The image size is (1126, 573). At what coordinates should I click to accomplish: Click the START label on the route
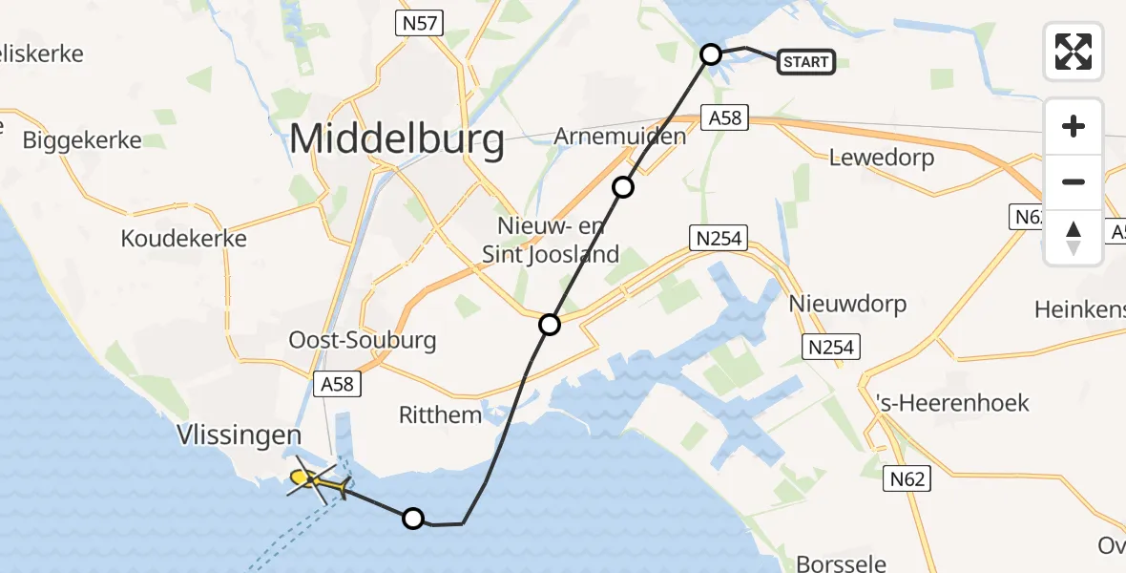pos(806,63)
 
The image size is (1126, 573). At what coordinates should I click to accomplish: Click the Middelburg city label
pos(397,140)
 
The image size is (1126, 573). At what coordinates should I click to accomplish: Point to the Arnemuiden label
pos(620,137)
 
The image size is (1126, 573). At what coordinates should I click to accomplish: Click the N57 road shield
pos(420,25)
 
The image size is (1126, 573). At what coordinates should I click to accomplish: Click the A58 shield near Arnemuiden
pos(725,119)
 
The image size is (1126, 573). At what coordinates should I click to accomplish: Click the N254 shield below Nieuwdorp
pos(830,347)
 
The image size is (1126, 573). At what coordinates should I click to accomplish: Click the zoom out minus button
pos(1074,181)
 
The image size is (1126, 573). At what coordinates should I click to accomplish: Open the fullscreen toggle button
pos(1074,52)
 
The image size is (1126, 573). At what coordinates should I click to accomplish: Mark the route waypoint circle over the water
pos(412,519)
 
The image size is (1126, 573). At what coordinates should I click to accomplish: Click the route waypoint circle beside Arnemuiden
pos(623,187)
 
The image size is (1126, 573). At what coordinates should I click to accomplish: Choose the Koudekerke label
pos(184,239)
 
